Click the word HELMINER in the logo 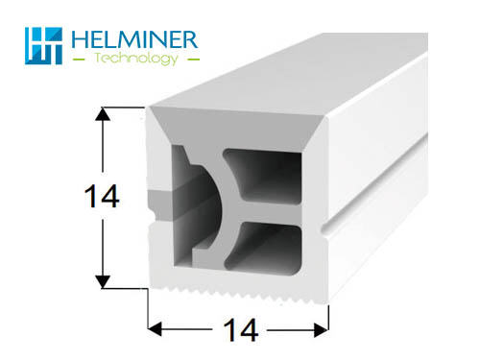pyautogui.click(x=134, y=39)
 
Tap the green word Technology pyautogui.click(x=136, y=59)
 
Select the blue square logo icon pyautogui.click(x=43, y=46)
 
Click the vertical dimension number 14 pyautogui.click(x=102, y=196)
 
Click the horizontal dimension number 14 pyautogui.click(x=241, y=330)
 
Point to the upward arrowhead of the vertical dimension pyautogui.click(x=103, y=114)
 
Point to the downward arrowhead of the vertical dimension pyautogui.click(x=103, y=281)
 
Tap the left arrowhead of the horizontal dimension pyautogui.click(x=155, y=329)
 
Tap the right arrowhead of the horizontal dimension pyautogui.click(x=321, y=329)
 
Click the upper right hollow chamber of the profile pyautogui.click(x=267, y=176)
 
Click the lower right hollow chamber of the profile pyautogui.click(x=267, y=248)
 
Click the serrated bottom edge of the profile pyautogui.click(x=238, y=294)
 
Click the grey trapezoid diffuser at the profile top pyautogui.click(x=237, y=127)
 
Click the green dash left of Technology pyautogui.click(x=79, y=60)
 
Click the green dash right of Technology pyautogui.click(x=193, y=60)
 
